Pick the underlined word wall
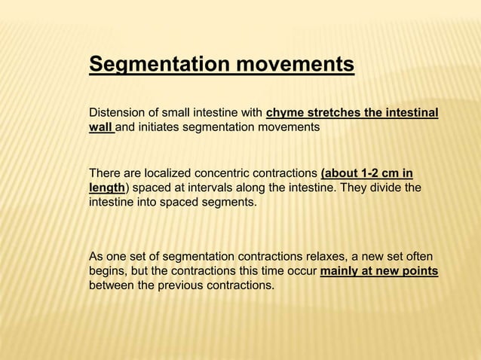[100, 128]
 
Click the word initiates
[161, 128]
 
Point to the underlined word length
[106, 188]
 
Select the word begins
[106, 271]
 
